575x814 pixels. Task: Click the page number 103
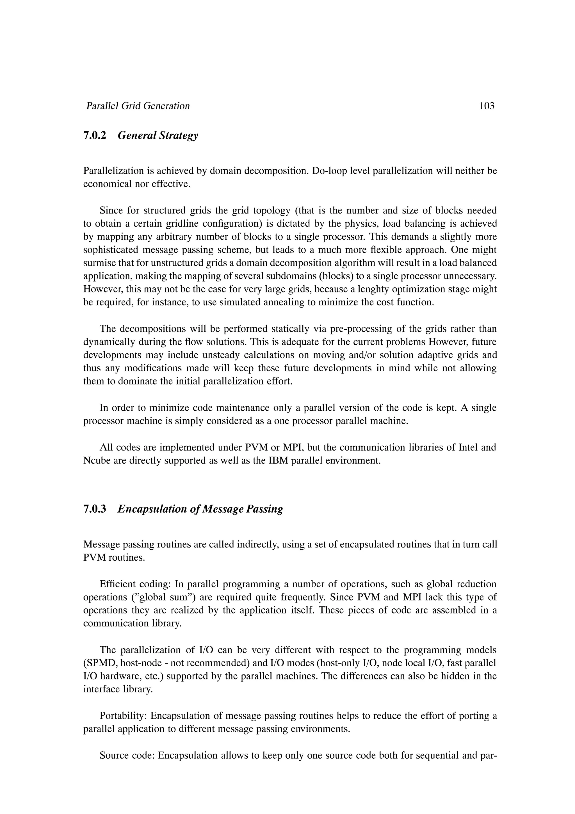point(487,106)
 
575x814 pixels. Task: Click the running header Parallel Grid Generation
point(138,106)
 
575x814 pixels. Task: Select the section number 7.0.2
point(95,135)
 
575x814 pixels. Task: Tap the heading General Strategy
point(158,135)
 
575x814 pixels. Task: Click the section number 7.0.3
point(95,509)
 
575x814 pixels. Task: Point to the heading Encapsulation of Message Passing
point(200,509)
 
